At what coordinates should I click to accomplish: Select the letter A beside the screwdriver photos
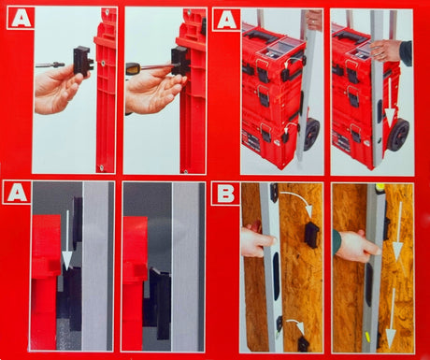coord(20,19)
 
